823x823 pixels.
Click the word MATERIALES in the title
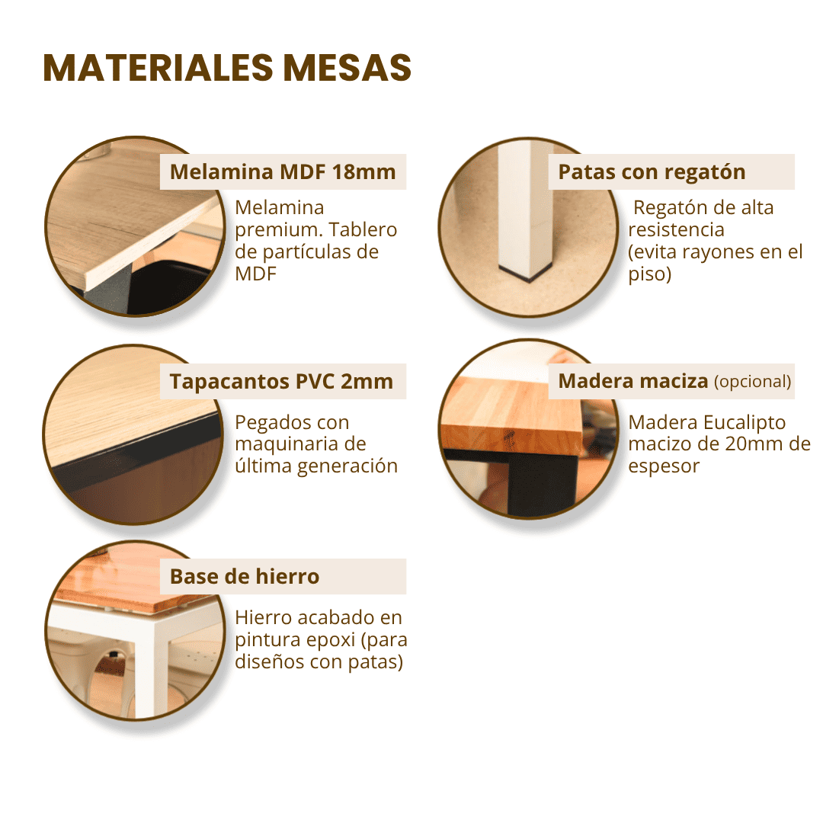pos(159,69)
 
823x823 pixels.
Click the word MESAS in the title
pos(347,69)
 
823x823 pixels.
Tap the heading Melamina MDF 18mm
pos(283,172)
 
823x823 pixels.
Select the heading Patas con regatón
pos(652,172)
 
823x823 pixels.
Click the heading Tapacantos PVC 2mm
pos(281,382)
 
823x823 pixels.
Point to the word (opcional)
pos(752,382)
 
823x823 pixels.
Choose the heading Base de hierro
pos(245,577)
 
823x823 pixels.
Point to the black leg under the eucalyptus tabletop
pos(543,483)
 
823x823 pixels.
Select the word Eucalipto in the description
pos(745,423)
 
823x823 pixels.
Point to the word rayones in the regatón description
pos(713,252)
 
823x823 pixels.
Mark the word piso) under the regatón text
pos(650,274)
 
